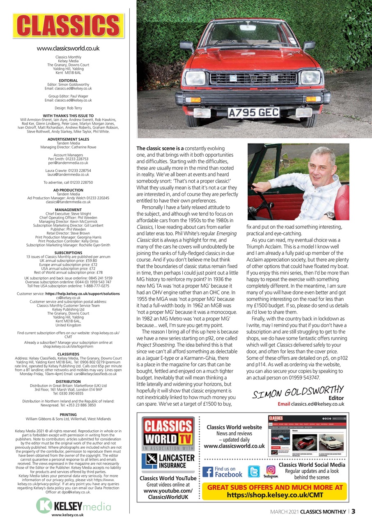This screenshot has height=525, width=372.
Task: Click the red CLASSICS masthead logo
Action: [x=69, y=26]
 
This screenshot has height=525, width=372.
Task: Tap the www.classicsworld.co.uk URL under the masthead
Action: [x=68, y=48]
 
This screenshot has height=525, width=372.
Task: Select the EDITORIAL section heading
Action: [x=68, y=80]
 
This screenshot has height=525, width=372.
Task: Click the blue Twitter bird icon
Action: [x=254, y=472]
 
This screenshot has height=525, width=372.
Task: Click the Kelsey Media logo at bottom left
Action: [x=68, y=504]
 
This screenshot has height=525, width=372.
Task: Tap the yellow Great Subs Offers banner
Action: [x=275, y=491]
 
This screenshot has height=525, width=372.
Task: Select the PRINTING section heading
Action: [x=68, y=415]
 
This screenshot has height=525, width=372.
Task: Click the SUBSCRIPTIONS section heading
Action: [x=68, y=253]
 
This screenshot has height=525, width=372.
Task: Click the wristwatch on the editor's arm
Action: [x=330, y=215]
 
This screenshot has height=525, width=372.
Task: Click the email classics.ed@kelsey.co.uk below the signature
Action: [x=311, y=404]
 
